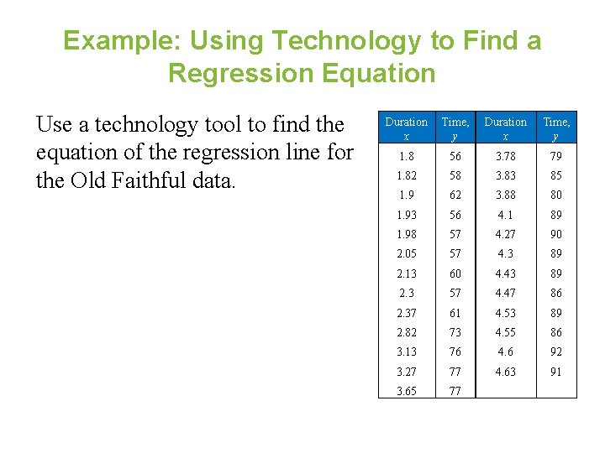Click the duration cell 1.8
(x=406, y=156)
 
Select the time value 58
(x=455, y=175)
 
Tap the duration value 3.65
(x=406, y=391)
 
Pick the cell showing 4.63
(x=505, y=372)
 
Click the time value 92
(x=556, y=352)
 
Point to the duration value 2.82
(x=406, y=332)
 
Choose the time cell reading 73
(x=455, y=332)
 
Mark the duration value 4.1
(x=505, y=215)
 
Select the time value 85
(x=556, y=175)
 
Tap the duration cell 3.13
(x=406, y=352)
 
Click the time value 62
(x=455, y=195)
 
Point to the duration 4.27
(x=505, y=234)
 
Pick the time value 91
(x=556, y=372)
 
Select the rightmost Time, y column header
(x=556, y=128)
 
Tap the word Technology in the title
(x=339, y=41)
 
